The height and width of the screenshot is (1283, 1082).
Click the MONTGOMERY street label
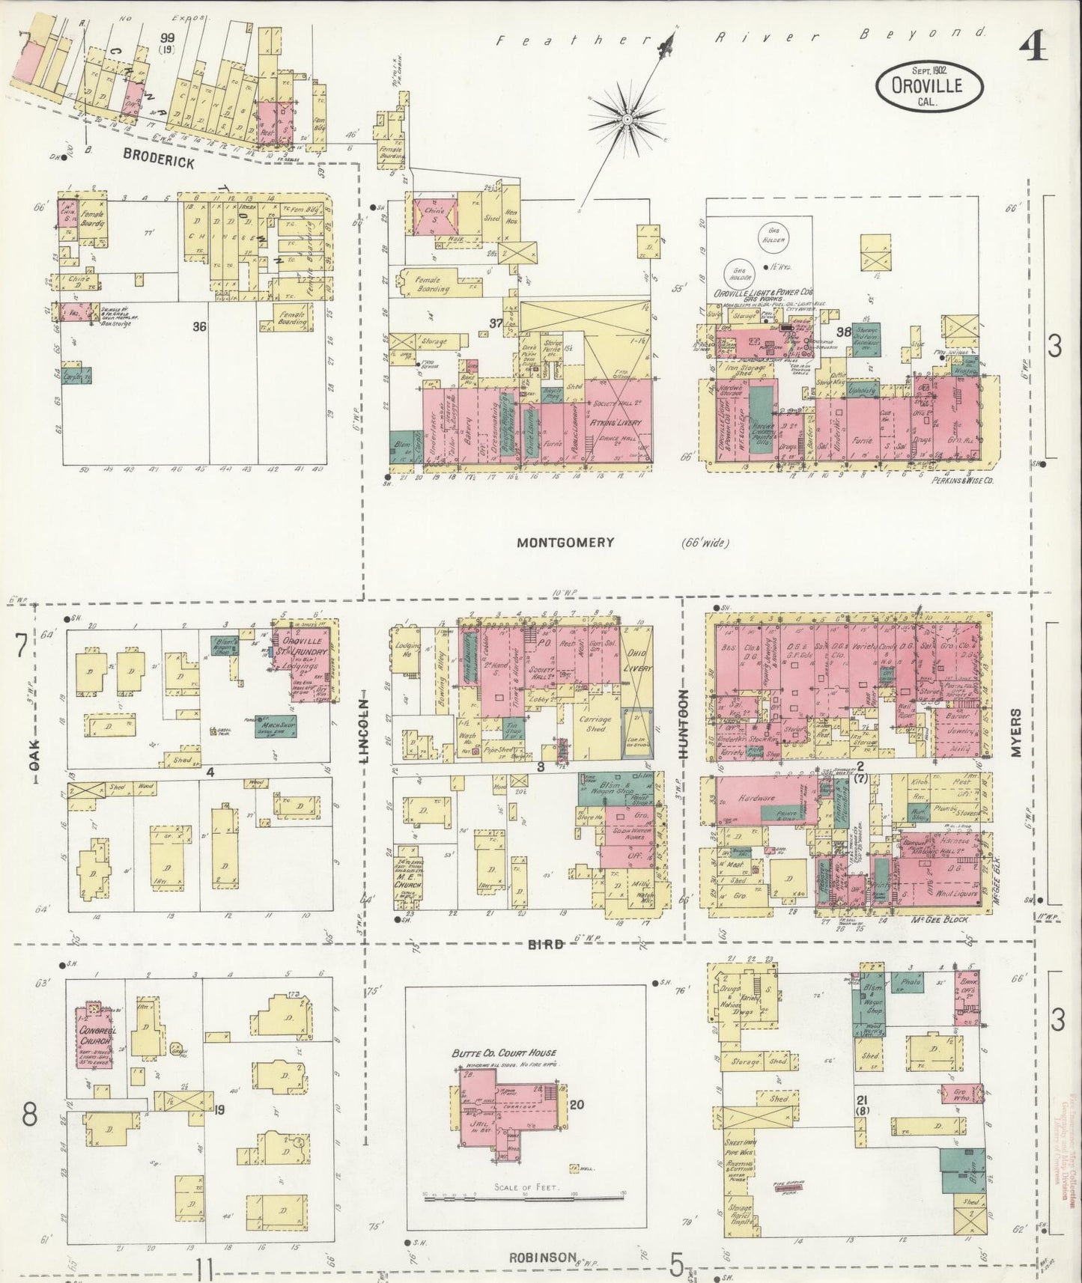(565, 543)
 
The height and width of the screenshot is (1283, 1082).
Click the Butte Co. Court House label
(503, 1052)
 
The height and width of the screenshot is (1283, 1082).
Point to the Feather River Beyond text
(738, 37)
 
